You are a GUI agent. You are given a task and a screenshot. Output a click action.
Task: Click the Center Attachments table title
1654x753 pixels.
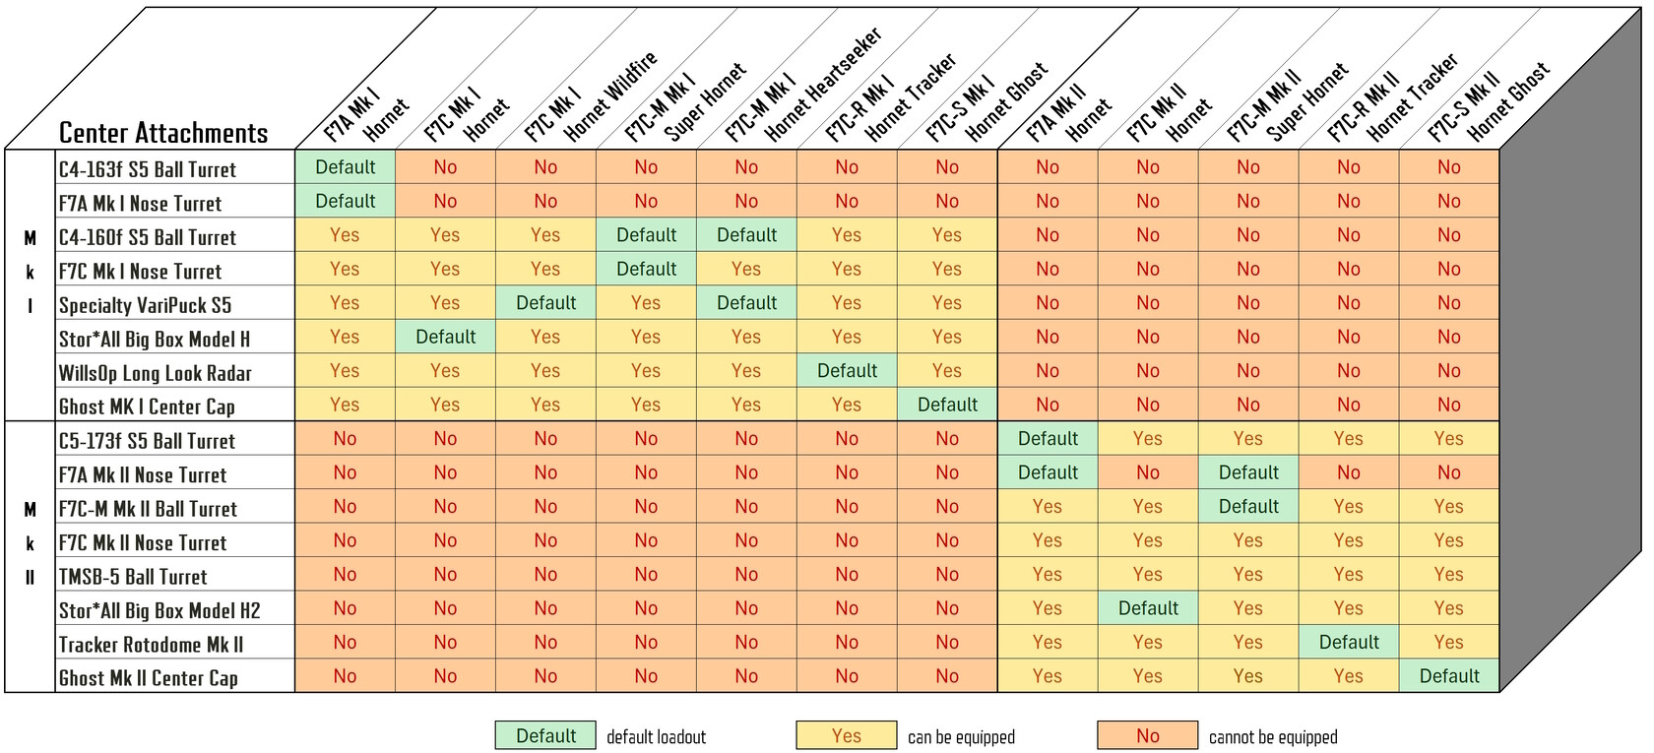[x=163, y=133]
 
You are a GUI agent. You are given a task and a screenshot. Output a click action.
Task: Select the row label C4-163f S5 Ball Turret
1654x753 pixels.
[x=148, y=169]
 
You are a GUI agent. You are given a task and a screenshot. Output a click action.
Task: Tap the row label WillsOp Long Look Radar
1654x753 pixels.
[x=155, y=373]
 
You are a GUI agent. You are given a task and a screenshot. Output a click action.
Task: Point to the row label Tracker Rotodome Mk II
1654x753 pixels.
[x=151, y=645]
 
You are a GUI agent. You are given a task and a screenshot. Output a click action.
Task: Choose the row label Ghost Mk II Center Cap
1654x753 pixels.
[x=148, y=678]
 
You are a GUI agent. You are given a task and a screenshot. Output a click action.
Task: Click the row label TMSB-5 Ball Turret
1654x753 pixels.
[x=133, y=577]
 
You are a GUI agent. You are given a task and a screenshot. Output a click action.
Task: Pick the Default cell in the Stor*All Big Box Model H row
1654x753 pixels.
[x=445, y=337]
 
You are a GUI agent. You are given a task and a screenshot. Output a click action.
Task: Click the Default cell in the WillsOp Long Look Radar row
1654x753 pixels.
[x=847, y=371]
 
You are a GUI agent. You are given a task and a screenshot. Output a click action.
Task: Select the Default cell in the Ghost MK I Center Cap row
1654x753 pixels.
[x=947, y=405]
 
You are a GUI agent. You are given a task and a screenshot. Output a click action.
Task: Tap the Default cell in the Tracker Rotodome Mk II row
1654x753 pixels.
[x=1349, y=642]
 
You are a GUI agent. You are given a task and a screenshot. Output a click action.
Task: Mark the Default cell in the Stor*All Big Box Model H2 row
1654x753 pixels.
[x=1148, y=608]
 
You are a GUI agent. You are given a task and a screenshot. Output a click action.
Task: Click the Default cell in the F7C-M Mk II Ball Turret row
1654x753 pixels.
[x=1248, y=506]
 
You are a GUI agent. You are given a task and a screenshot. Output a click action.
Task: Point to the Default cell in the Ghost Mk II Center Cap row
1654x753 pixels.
[x=1449, y=676]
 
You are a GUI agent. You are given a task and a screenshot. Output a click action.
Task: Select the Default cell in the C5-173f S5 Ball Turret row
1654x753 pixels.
[x=1048, y=438]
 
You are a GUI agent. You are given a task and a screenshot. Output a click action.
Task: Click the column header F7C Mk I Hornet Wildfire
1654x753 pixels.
[x=591, y=98]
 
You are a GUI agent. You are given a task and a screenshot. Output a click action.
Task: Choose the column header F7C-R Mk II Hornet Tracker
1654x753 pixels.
[x=1393, y=98]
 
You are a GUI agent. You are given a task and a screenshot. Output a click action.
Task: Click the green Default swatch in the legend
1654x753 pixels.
[x=545, y=736]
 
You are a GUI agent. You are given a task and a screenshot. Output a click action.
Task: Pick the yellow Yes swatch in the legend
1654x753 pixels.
[x=847, y=736]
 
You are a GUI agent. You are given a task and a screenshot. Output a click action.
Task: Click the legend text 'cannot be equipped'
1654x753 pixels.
[x=1273, y=737]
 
